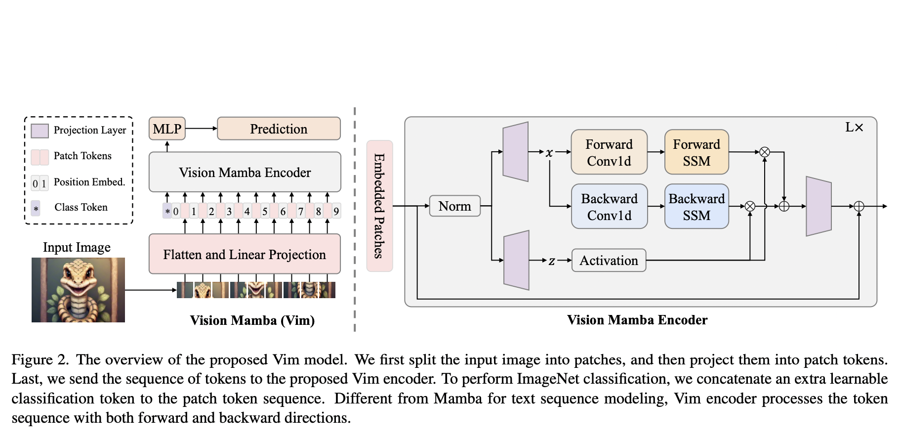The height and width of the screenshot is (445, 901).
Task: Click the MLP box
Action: (x=167, y=129)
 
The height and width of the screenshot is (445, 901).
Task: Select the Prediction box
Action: (x=279, y=129)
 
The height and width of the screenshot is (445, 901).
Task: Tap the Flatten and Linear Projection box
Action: (x=245, y=254)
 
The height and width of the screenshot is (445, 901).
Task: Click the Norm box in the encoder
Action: (x=454, y=206)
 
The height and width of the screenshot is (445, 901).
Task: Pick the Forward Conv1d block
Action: (x=609, y=152)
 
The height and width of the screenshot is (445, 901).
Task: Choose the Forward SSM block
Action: (x=696, y=152)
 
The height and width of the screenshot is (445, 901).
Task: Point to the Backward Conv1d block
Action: (x=609, y=207)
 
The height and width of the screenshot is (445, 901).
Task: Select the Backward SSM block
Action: (x=696, y=207)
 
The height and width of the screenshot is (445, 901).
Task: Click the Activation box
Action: (x=609, y=261)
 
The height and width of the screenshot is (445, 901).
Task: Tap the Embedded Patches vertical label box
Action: (x=379, y=206)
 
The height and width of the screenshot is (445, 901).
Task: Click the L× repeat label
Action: (x=854, y=128)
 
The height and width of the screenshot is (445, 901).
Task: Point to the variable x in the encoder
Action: (x=549, y=153)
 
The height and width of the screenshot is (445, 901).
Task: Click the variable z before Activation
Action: (x=552, y=261)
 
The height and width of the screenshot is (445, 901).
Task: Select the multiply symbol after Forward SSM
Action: (x=765, y=152)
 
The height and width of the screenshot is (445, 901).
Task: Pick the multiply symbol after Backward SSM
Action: (x=750, y=207)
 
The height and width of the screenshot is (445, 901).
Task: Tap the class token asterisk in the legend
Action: (x=36, y=209)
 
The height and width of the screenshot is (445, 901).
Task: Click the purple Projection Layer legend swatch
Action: (x=40, y=131)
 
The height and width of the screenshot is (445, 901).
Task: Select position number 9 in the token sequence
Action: (x=336, y=212)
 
